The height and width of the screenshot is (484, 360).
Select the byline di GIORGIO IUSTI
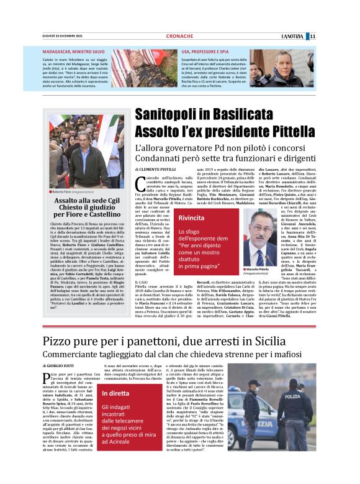59,367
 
